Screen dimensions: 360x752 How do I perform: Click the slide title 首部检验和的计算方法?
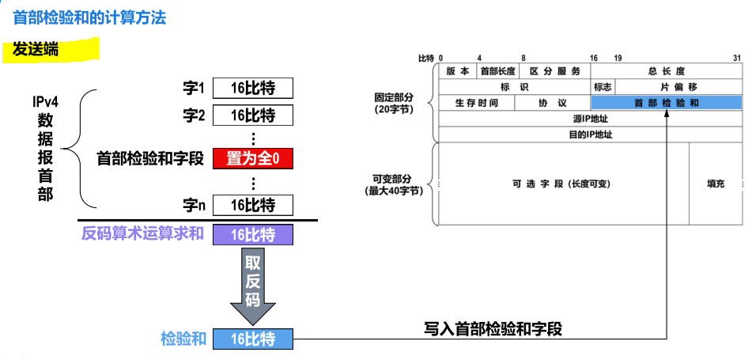pyautogui.click(x=89, y=17)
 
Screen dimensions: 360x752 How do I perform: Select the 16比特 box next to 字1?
pyautogui.click(x=252, y=87)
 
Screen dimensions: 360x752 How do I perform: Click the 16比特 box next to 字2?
pyautogui.click(x=252, y=116)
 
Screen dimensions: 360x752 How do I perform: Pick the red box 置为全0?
pyautogui.click(x=252, y=158)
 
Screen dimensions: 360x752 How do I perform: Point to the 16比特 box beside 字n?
pyautogui.click(x=252, y=205)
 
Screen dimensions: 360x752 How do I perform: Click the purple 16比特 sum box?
pyautogui.click(x=252, y=235)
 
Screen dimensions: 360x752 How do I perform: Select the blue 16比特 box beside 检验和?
pyautogui.click(x=252, y=339)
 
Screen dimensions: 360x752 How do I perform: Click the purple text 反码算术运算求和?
pyautogui.click(x=143, y=234)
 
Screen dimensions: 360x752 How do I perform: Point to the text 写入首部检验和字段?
pyautogui.click(x=493, y=329)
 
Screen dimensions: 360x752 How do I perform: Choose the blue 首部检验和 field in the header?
pyautogui.click(x=666, y=103)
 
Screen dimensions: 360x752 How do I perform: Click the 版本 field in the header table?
pyautogui.click(x=456, y=71)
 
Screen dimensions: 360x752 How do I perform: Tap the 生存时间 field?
pyautogui.click(x=476, y=103)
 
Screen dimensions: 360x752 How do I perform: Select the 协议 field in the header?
pyautogui.click(x=552, y=103)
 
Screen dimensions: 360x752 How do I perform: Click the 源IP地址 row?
pyautogui.click(x=590, y=119)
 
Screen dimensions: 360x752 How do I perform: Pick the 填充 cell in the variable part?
pyautogui.click(x=715, y=184)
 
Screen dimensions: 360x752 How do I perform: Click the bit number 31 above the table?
pyautogui.click(x=736, y=58)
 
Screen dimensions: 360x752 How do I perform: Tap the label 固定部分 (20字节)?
pyautogui.click(x=393, y=103)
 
